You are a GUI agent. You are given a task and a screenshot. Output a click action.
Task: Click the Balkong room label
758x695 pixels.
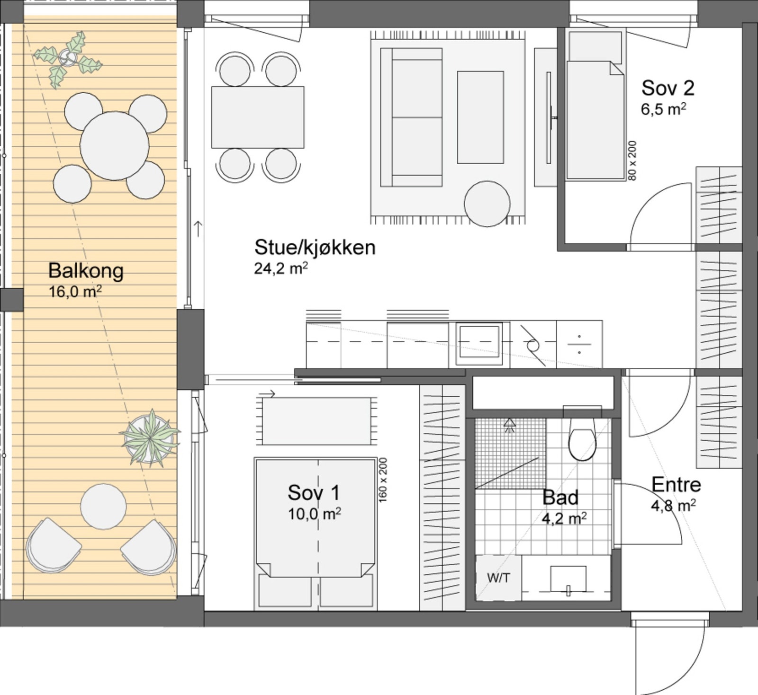(86, 271)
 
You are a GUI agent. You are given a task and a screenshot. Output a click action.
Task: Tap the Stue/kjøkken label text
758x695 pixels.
(315, 248)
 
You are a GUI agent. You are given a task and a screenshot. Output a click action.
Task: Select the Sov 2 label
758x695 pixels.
(668, 88)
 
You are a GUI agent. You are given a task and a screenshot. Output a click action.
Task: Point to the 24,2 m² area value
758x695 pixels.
(281, 268)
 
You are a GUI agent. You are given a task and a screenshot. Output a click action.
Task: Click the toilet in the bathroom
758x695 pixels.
(582, 438)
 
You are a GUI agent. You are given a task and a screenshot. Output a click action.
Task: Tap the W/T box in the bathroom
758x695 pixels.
(498, 578)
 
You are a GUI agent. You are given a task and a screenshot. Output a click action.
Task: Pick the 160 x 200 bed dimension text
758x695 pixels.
(383, 480)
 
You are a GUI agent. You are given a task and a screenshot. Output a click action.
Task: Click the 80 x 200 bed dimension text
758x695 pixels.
(632, 160)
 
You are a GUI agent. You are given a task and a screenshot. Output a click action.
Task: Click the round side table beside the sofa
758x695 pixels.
(487, 204)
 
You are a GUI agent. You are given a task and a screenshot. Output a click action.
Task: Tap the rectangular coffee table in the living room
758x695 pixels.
(480, 117)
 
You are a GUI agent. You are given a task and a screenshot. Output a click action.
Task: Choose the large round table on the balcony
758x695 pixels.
(114, 146)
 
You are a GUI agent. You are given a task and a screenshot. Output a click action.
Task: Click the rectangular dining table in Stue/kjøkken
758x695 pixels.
(258, 117)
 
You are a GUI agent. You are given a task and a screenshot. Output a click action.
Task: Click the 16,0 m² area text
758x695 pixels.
(75, 291)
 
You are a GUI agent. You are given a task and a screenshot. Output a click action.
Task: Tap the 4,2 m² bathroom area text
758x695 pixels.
(564, 518)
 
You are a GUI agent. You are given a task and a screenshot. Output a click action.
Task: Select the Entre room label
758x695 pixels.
(676, 484)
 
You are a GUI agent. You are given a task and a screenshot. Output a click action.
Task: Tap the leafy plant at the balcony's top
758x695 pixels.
(69, 58)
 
